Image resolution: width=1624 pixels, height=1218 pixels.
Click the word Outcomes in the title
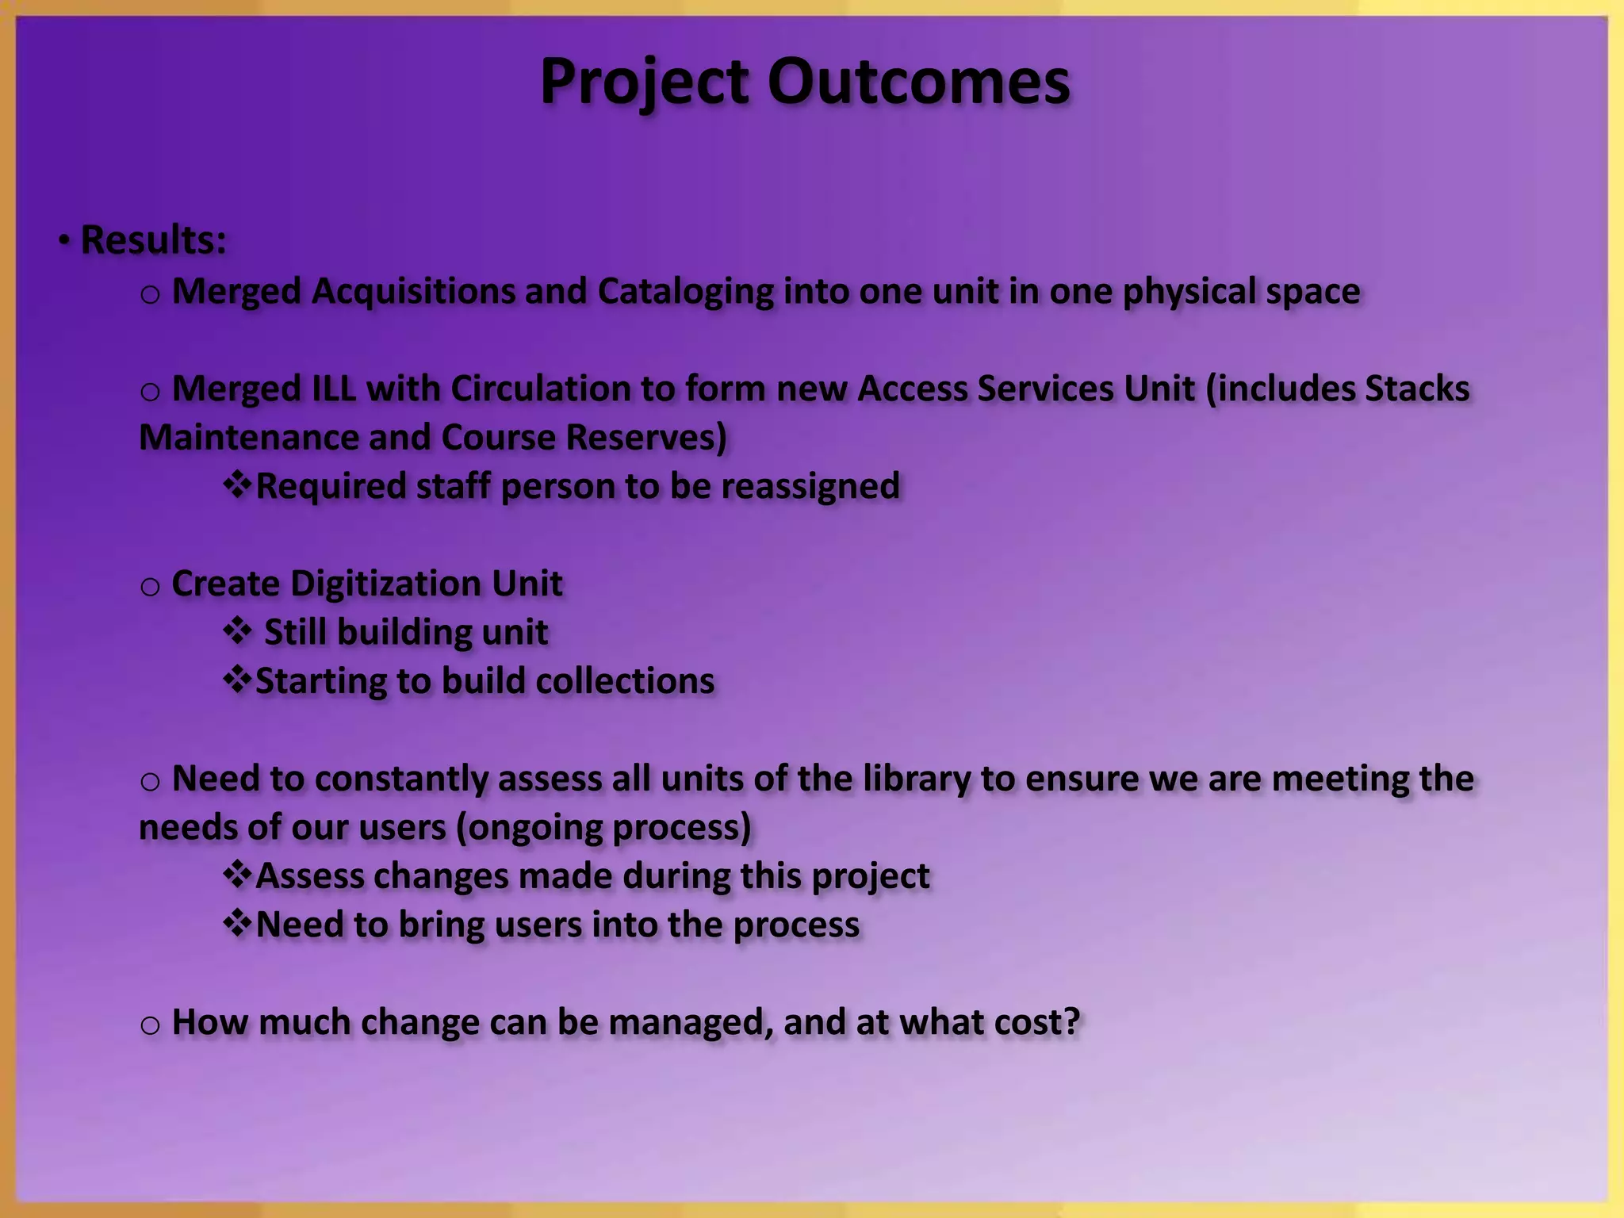coord(918,82)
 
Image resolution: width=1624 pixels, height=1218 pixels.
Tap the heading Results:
coord(153,239)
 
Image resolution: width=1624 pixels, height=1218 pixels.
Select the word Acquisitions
coord(412,291)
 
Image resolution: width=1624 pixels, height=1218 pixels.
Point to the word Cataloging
coord(685,291)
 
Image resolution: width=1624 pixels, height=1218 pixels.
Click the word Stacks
coord(1417,389)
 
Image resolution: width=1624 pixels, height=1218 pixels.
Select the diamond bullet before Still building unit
coord(236,632)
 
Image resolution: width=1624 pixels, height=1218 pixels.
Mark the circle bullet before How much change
coord(150,1025)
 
